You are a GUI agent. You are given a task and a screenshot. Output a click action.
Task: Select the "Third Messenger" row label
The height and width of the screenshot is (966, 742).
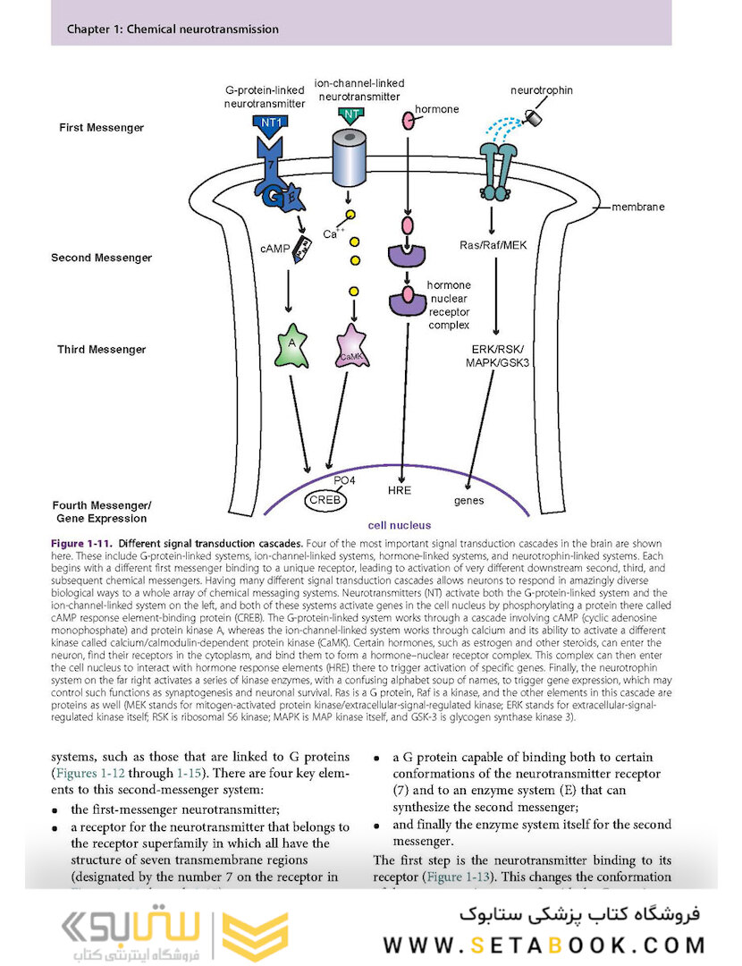(x=98, y=350)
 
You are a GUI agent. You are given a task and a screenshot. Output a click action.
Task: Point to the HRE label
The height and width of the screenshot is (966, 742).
(x=399, y=491)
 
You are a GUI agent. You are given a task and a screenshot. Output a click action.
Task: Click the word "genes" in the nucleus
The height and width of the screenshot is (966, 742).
(x=468, y=501)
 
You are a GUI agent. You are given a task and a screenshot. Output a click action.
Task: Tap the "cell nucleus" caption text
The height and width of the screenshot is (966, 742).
(x=400, y=526)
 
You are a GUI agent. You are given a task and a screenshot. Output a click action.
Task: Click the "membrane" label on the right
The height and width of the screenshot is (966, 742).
(x=638, y=207)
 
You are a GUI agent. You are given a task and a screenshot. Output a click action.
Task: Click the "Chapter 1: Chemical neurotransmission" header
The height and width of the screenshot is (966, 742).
(x=173, y=30)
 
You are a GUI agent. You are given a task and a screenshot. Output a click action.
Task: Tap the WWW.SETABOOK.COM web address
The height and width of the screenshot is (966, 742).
(x=544, y=945)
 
